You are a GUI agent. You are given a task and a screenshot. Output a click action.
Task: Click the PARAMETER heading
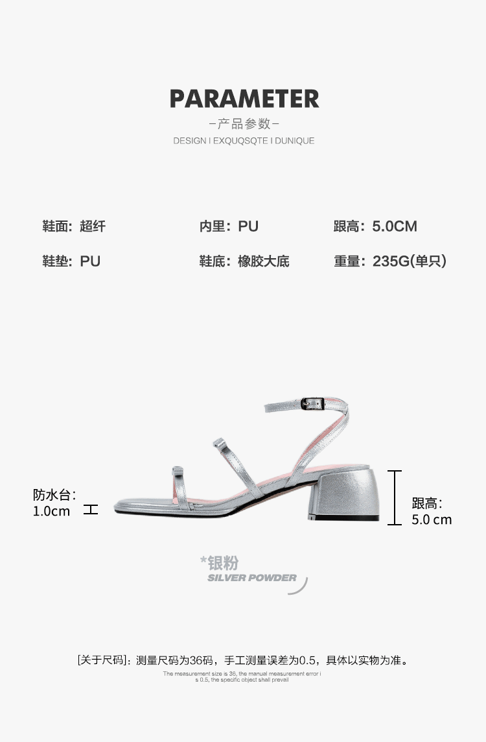coord(244,99)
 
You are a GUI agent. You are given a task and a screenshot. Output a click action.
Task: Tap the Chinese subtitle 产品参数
coord(244,123)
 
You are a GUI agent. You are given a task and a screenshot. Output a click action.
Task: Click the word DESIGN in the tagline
coord(189,141)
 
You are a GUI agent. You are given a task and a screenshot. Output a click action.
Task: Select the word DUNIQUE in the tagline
coord(294,141)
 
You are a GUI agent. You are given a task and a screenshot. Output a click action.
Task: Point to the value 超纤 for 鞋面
coord(93,226)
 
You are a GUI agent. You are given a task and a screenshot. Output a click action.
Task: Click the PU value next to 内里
coord(248,226)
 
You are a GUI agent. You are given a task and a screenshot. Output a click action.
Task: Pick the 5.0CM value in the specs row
coord(395,226)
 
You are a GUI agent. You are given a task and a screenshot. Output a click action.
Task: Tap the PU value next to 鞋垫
coord(90,261)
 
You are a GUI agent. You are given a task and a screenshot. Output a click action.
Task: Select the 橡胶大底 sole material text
coord(263,261)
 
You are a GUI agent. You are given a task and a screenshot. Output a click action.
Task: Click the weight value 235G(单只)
coord(410,261)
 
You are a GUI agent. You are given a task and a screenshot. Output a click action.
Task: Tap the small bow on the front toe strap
coord(177,470)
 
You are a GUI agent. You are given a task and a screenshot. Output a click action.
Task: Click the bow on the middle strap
coord(218,444)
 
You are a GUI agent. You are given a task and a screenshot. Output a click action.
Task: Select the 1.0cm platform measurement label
coord(51,511)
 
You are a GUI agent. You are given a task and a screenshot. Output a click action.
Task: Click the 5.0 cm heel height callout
coord(432,520)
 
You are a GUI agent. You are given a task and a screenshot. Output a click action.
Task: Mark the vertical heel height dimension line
coord(395,497)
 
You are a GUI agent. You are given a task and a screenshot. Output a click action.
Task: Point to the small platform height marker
coord(91,510)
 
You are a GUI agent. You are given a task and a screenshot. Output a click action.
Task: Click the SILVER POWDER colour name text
coord(251,578)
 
